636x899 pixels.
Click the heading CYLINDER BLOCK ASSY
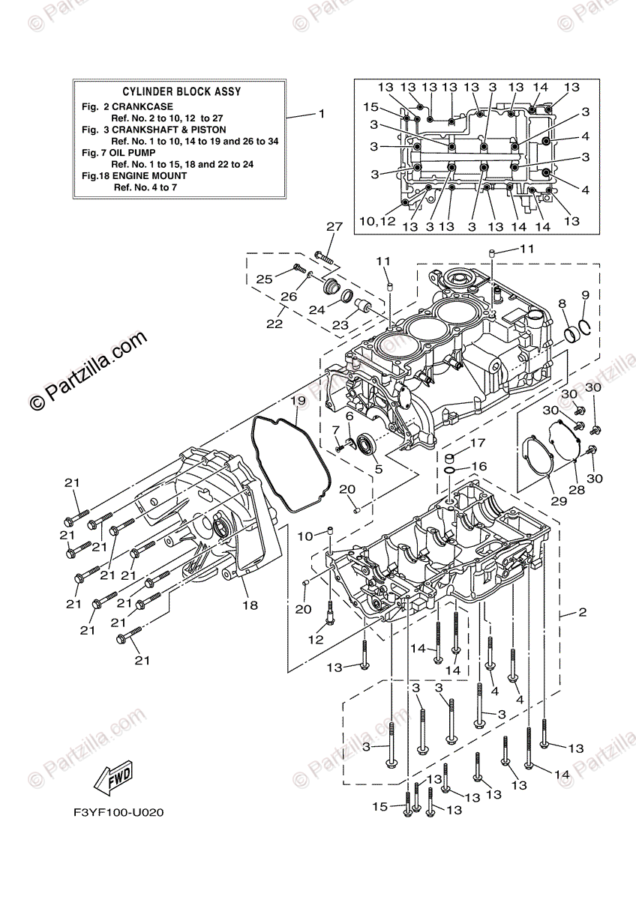[181, 92]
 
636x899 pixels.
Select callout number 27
[334, 226]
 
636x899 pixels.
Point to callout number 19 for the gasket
[298, 402]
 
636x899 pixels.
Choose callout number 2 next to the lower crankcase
[582, 613]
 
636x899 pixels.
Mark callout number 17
[478, 444]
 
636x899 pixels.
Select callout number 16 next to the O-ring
[478, 467]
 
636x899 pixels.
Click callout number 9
[586, 294]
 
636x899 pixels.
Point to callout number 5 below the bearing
[378, 470]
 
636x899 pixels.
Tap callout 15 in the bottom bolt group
[381, 807]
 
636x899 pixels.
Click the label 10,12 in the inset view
[376, 222]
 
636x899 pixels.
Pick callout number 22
[274, 324]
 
